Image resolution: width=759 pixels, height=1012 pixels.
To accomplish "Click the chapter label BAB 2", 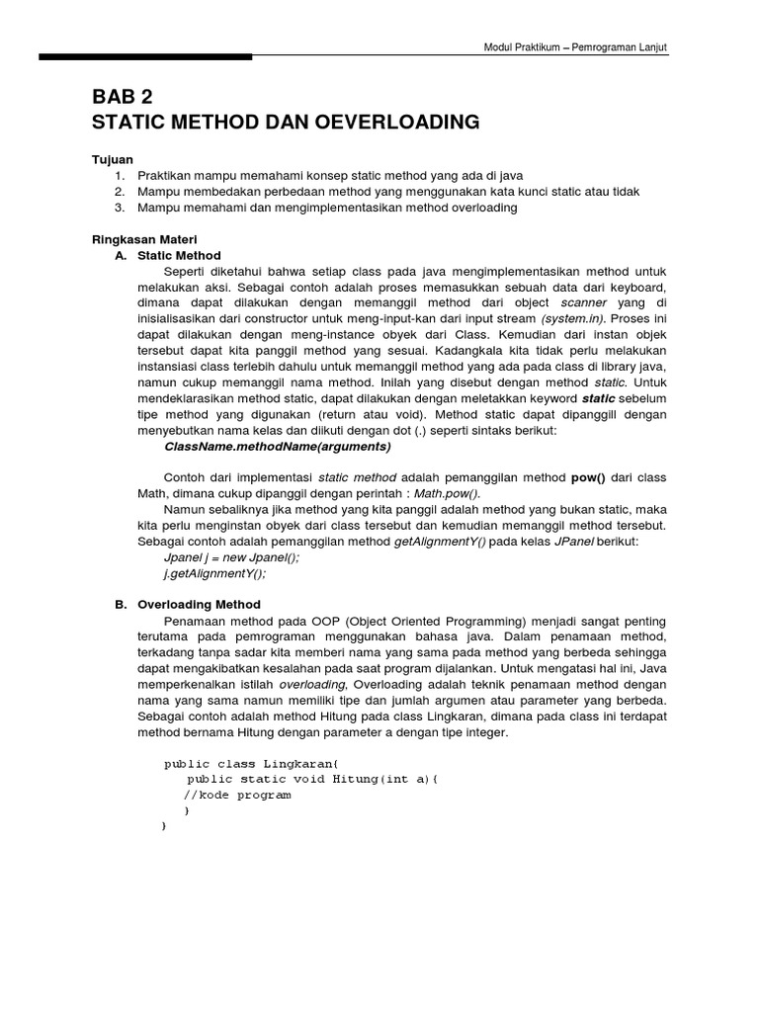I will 123,96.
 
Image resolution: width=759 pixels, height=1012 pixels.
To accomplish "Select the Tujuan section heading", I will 112,159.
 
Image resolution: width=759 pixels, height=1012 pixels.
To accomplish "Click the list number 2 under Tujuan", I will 120,191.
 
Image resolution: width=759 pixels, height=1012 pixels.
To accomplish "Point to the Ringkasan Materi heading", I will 144,239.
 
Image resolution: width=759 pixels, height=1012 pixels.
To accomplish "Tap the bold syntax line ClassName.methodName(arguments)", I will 277,446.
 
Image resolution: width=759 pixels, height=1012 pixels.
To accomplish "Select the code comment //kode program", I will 237,795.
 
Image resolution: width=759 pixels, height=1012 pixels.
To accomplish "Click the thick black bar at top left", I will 145,57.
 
